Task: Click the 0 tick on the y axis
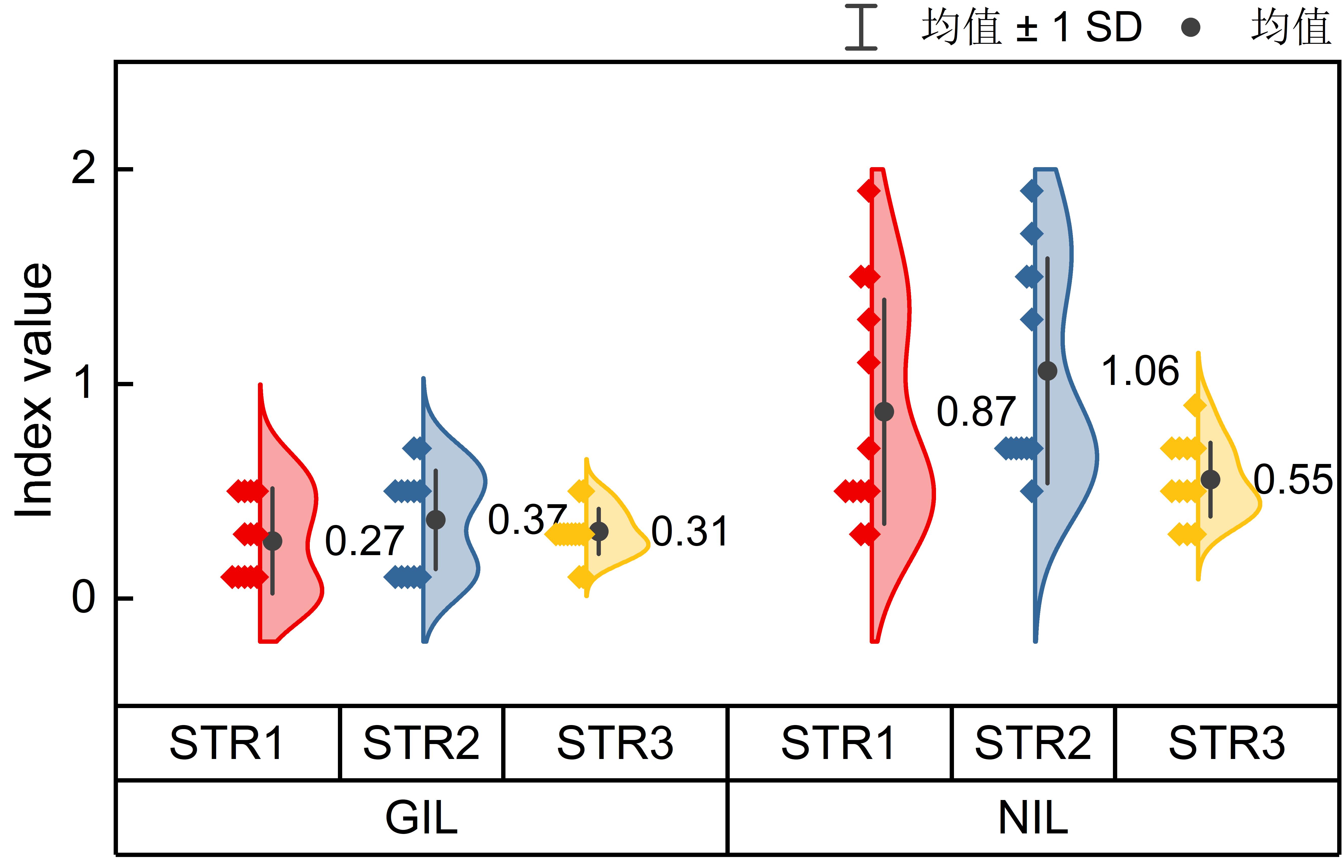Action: click(x=84, y=598)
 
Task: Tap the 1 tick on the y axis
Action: click(x=84, y=384)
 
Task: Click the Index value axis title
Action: click(x=33, y=391)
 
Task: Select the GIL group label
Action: click(x=422, y=818)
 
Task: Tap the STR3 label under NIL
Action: click(x=1227, y=743)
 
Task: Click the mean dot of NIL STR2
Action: click(x=1047, y=371)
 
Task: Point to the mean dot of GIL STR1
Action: click(x=272, y=541)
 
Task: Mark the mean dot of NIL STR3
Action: click(x=1210, y=479)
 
